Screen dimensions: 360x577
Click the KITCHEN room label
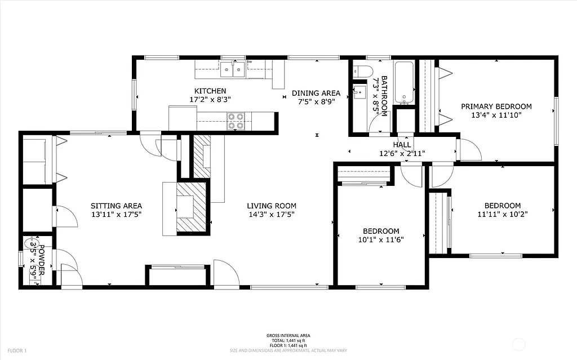click(210, 91)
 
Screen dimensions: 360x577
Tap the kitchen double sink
click(233, 70)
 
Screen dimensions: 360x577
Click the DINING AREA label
click(316, 94)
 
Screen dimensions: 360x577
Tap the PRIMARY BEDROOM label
click(496, 106)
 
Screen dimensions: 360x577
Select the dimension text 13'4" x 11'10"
click(496, 115)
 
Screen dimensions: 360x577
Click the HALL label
click(402, 145)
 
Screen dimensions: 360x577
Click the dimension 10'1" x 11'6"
click(381, 239)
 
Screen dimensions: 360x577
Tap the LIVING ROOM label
click(272, 206)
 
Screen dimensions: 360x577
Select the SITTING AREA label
click(116, 206)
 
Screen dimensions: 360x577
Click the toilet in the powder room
click(29, 244)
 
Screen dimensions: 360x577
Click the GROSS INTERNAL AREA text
click(288, 336)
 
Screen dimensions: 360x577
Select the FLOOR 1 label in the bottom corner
click(17, 350)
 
